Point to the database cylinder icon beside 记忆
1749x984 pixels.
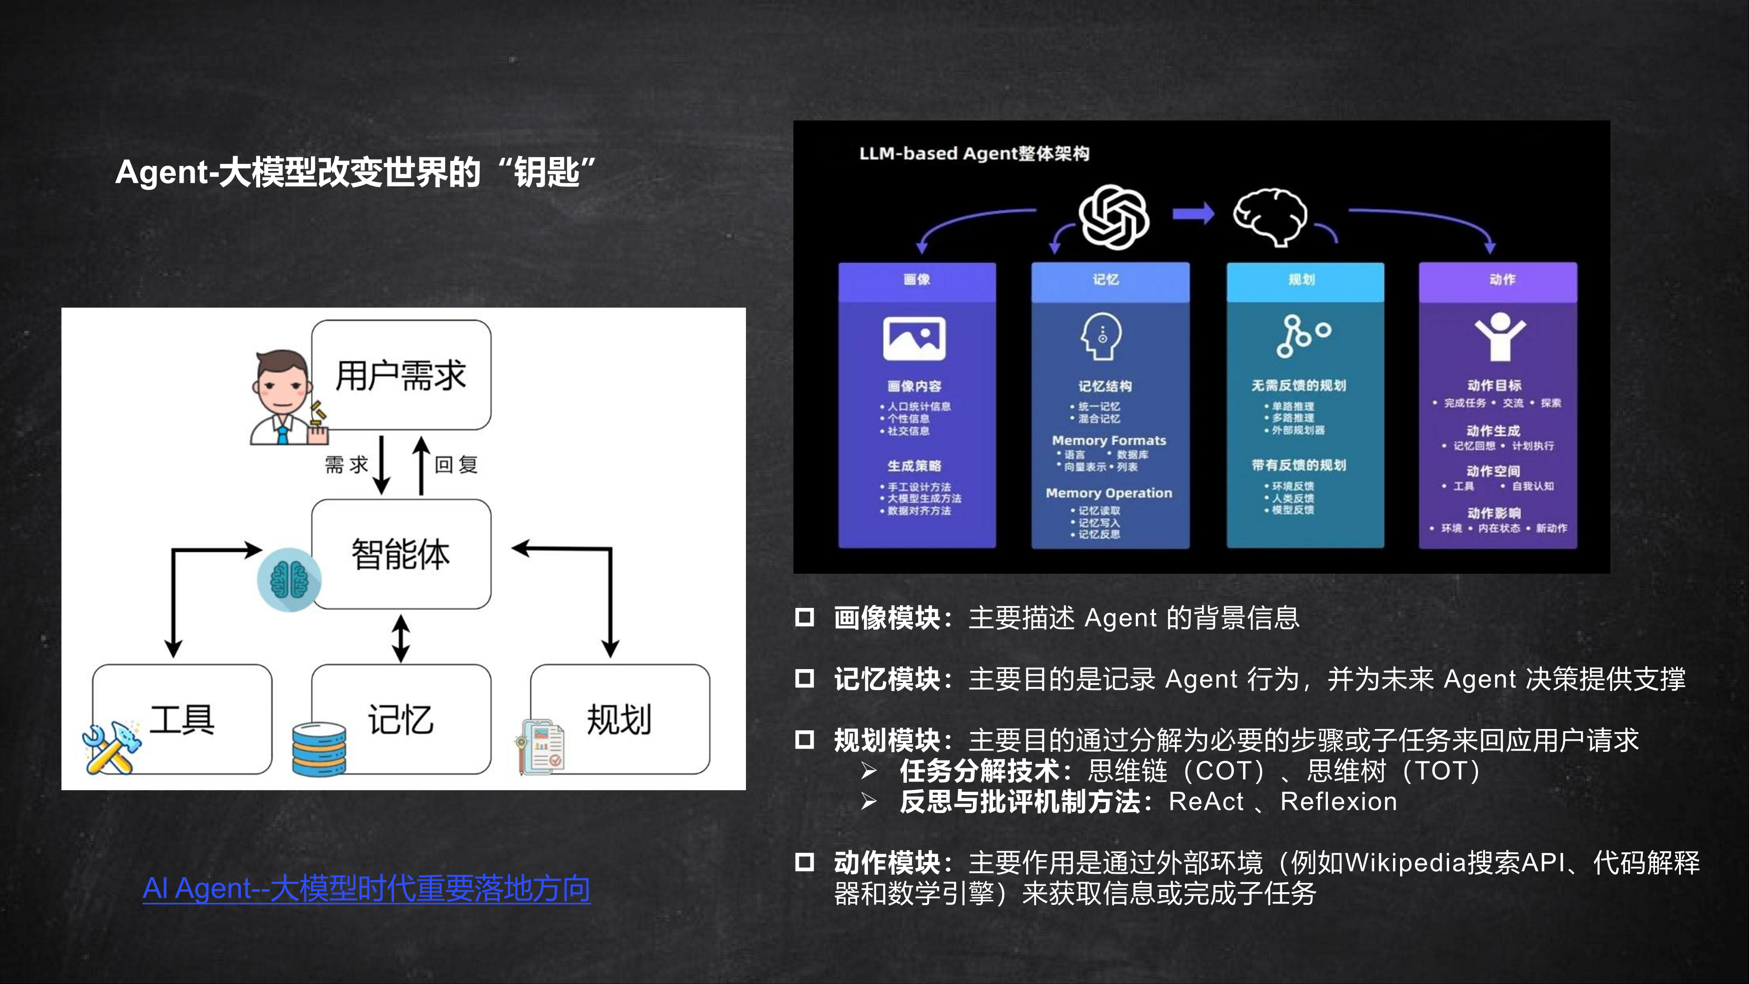[318, 750]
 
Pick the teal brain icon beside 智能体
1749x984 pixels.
[289, 580]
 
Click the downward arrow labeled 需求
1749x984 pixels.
[382, 465]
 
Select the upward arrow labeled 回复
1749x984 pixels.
[422, 465]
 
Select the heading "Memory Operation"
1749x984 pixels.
[1109, 493]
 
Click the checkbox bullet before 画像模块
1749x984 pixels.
[805, 617]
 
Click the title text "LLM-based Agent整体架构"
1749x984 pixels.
[974, 154]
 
